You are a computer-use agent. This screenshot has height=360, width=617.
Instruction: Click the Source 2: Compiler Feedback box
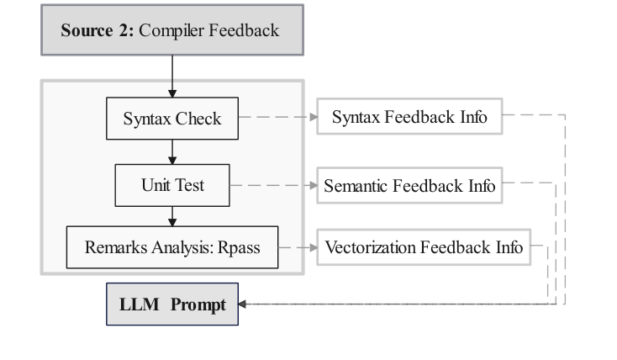coord(171,30)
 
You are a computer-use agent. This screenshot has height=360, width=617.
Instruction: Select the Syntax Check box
coord(172,118)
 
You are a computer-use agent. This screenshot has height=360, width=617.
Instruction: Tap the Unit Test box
coord(172,185)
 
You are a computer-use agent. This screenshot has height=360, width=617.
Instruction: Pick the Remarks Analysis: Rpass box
coord(172,247)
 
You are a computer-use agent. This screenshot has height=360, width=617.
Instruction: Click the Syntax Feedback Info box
coord(409,117)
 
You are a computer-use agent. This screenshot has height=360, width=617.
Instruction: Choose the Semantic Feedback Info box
coord(409,185)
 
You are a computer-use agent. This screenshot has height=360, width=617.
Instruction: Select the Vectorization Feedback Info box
coord(424,247)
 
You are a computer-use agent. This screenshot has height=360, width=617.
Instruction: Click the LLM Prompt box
coord(172,304)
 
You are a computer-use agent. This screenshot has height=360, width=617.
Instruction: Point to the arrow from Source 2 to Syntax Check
coord(172,76)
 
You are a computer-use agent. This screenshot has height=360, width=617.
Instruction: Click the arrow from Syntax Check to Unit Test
coord(172,151)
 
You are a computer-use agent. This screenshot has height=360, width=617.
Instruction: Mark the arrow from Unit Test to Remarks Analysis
coord(172,216)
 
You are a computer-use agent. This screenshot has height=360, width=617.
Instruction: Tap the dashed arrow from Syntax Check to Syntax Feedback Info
coord(277,117)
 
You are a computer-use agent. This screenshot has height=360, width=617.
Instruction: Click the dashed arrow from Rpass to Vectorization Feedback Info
coord(297,247)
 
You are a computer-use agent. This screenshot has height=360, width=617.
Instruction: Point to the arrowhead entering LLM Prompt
coord(243,304)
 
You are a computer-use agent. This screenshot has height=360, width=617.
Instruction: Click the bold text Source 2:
coord(98,31)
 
